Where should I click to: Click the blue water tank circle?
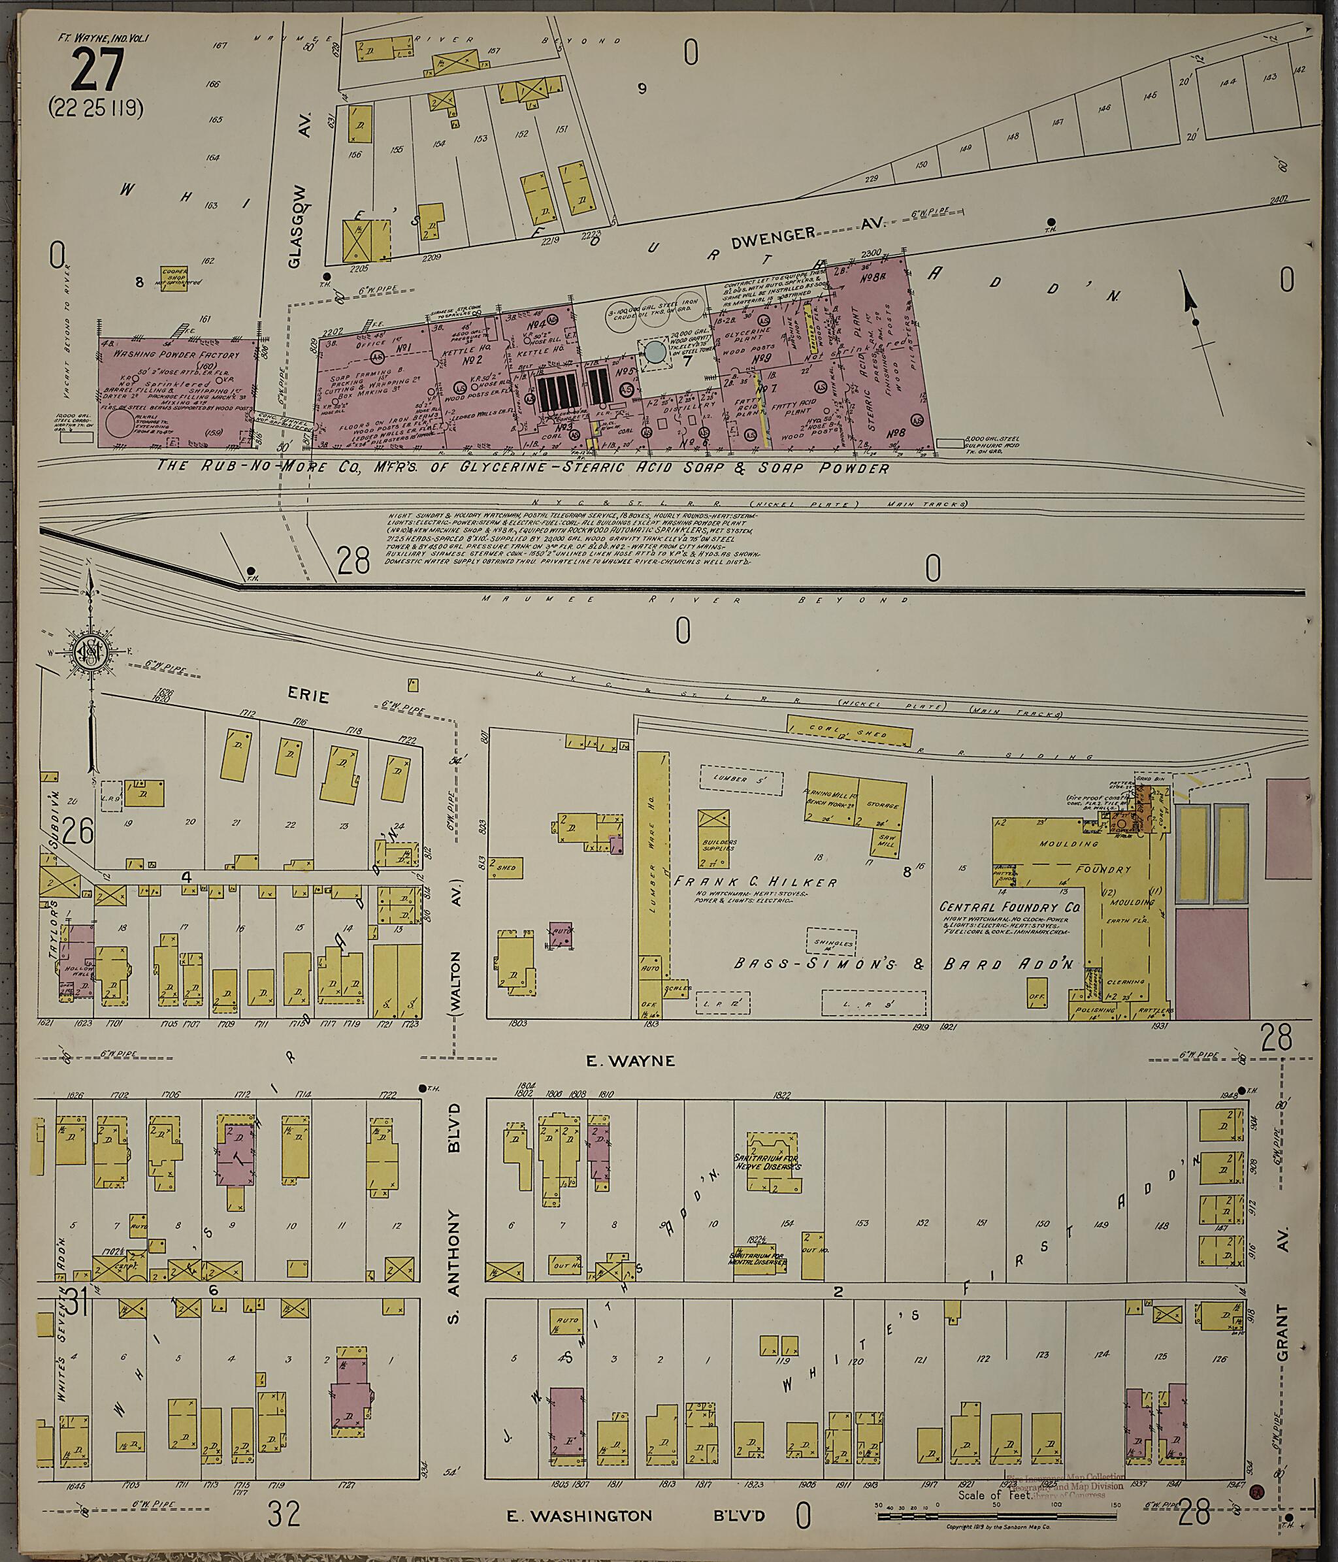click(x=655, y=352)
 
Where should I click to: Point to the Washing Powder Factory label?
click(x=176, y=353)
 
